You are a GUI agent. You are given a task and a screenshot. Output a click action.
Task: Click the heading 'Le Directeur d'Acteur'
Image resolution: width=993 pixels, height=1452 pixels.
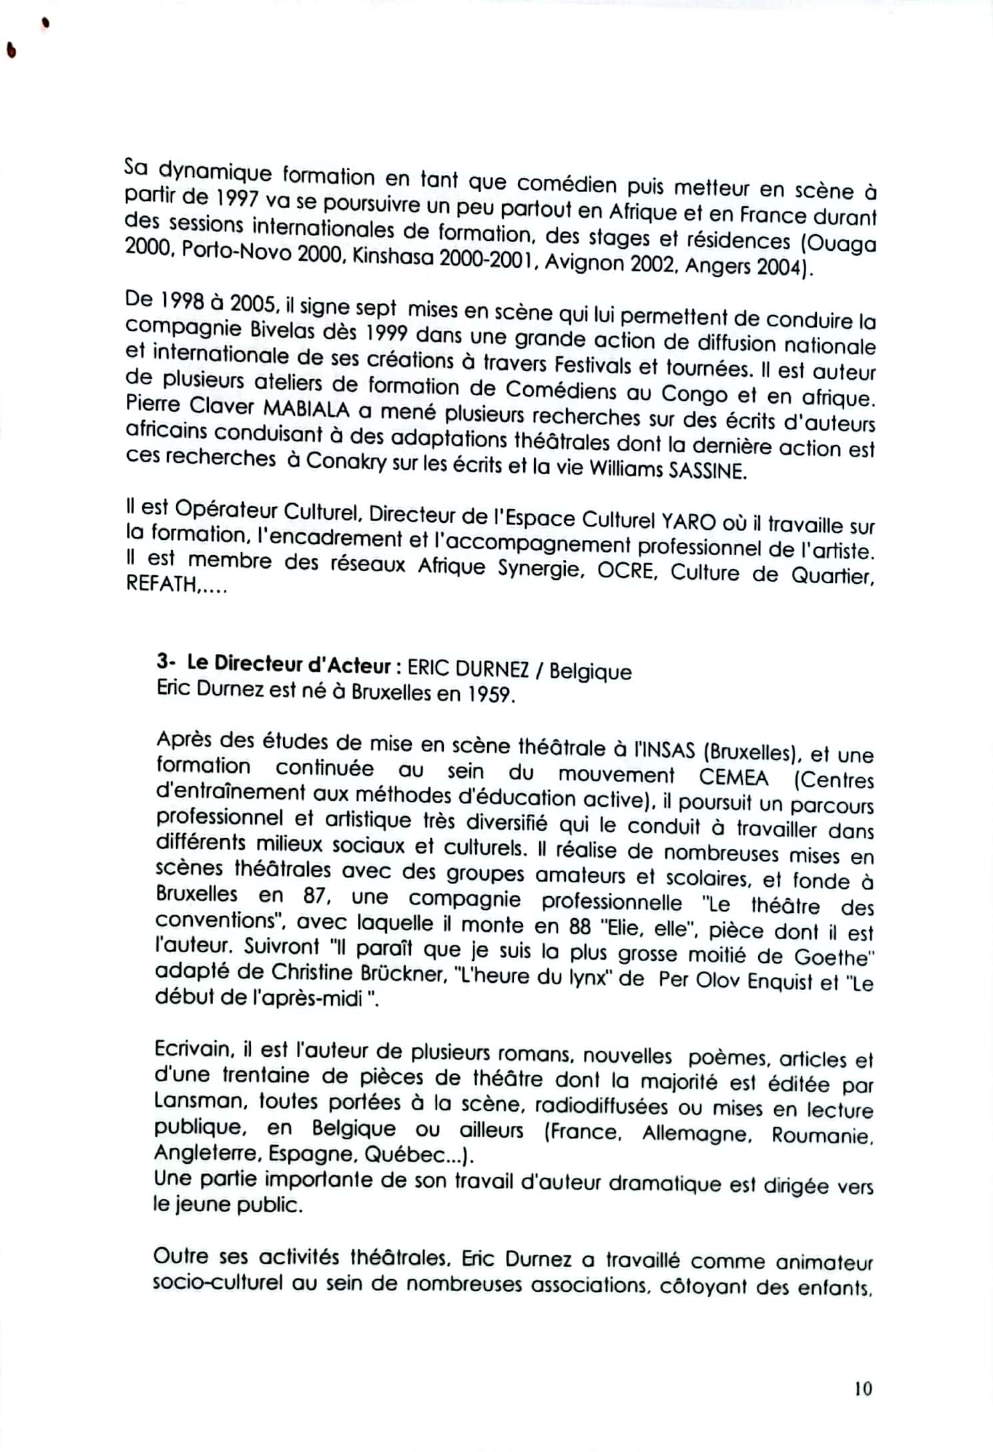288,666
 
